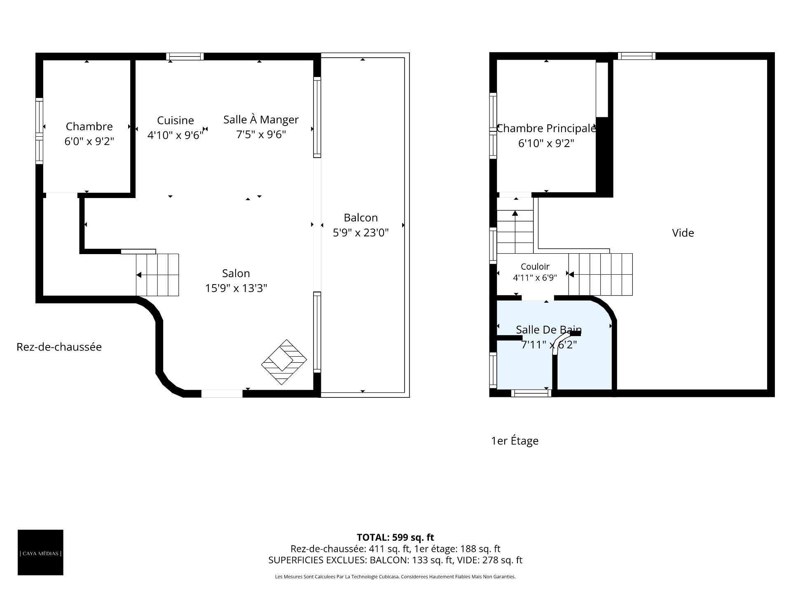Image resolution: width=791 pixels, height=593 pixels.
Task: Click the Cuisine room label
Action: click(176, 120)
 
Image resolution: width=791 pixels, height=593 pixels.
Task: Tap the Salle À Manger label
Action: click(261, 119)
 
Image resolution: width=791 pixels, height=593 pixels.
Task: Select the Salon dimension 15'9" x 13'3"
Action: click(236, 288)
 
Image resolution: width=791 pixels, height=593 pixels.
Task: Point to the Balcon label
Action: click(361, 217)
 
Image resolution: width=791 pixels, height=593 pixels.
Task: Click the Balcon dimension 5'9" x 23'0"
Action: click(361, 233)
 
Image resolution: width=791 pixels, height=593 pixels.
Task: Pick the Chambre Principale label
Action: click(546, 128)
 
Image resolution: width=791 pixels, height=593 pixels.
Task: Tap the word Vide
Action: click(683, 233)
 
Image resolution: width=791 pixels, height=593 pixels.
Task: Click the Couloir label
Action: click(535, 266)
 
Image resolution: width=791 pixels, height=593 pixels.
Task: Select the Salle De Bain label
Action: click(549, 329)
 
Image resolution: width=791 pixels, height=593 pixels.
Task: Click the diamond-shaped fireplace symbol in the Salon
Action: click(284, 362)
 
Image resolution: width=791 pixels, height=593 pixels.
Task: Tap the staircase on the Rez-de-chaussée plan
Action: click(157, 275)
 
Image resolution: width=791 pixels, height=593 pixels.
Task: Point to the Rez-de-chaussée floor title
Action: click(59, 347)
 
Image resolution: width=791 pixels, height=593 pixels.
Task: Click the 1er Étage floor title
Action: click(515, 441)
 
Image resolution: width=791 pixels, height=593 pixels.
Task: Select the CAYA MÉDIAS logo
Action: click(40, 553)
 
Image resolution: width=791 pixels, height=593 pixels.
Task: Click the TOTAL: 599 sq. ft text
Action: click(395, 537)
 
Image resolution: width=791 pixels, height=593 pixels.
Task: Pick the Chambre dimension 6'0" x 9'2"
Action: click(89, 142)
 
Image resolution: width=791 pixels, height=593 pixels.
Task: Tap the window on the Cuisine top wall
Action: click(185, 56)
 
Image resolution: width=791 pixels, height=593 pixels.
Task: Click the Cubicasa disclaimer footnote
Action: click(395, 577)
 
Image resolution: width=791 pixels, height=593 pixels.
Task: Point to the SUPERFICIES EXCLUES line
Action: click(395, 560)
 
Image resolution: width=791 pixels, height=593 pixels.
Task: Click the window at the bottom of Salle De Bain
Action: click(531, 393)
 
